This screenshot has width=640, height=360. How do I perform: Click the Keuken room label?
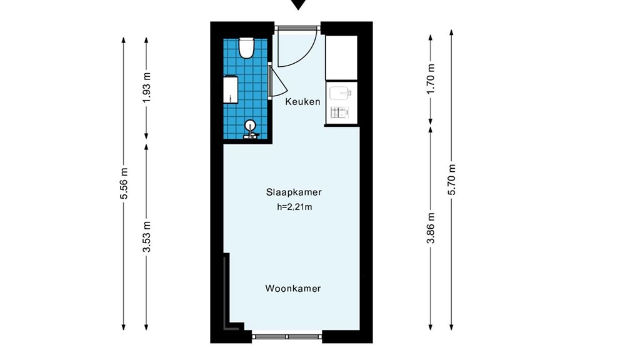point(302,102)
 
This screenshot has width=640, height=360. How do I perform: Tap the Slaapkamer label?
point(294,192)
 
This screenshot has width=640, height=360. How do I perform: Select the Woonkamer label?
point(293,289)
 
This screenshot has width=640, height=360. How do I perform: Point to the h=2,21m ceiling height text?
point(294,207)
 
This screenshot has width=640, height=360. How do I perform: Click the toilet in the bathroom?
point(246,47)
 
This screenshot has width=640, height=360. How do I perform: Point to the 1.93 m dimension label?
point(147,87)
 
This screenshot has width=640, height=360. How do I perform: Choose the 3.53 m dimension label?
point(147,237)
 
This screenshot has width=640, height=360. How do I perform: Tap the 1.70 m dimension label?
point(431,78)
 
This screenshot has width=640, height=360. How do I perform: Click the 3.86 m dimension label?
point(431,228)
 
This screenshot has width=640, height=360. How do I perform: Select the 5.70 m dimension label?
point(452,179)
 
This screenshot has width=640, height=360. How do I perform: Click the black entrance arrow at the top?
point(298,4)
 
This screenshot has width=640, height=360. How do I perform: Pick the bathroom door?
point(277,81)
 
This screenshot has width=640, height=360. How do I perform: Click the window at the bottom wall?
point(287,337)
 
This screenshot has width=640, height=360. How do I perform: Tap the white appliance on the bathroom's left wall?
point(231,90)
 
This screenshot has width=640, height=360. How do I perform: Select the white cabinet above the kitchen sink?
point(341,57)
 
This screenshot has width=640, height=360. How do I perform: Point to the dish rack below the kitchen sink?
point(339,112)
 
